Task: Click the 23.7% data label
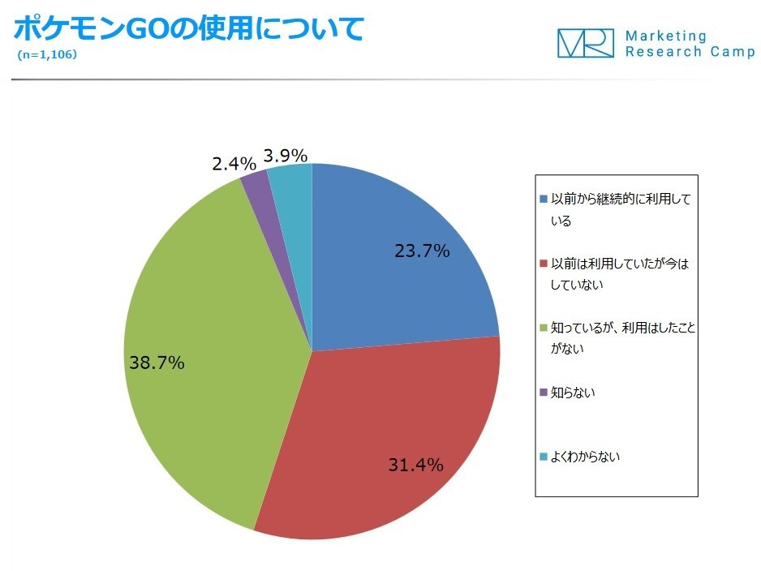point(422,251)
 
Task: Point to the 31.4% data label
point(415,465)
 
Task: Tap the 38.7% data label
point(157,363)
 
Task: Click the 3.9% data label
point(285,155)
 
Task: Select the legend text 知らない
point(574,393)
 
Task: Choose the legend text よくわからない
point(585,457)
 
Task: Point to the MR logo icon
point(585,43)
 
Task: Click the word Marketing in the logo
point(666,36)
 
